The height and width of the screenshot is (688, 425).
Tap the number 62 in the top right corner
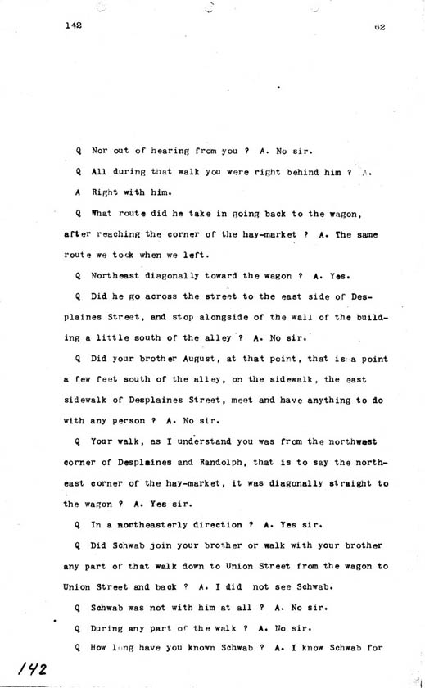(x=378, y=27)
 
